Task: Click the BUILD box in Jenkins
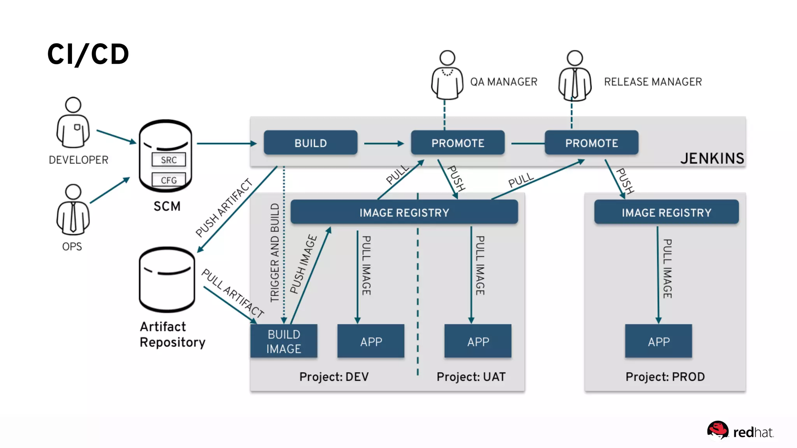[310, 143]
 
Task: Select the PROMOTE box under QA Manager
[458, 143]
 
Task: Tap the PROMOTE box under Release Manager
[591, 143]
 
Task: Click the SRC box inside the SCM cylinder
[169, 160]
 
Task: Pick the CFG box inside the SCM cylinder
[169, 180]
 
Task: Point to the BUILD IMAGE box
[284, 341]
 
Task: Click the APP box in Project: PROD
[658, 341]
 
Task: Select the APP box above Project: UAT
[478, 341]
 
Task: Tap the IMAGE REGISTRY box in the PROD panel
[666, 212]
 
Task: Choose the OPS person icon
[73, 210]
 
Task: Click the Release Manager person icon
[575, 75]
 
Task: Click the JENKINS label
[712, 158]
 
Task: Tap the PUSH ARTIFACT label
[224, 208]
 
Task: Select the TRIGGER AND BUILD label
[275, 253]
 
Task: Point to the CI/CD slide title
[88, 54]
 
